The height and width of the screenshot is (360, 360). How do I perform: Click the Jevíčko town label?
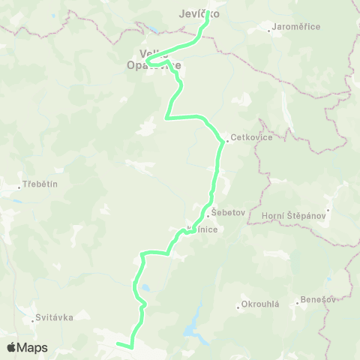point(199,13)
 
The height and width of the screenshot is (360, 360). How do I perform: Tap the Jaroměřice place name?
point(298,27)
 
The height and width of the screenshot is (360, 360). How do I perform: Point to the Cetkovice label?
point(252,138)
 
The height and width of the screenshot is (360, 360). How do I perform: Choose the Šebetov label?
point(229,213)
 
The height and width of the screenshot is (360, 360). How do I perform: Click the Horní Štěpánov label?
point(296,216)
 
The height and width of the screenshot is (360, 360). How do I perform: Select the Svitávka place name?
point(55,317)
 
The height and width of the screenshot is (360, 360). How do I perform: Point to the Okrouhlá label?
point(260,304)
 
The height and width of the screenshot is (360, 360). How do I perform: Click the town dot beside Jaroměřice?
point(270,31)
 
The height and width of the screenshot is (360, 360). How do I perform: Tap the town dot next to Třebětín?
point(20,187)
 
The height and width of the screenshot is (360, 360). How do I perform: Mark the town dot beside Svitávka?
point(35,320)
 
